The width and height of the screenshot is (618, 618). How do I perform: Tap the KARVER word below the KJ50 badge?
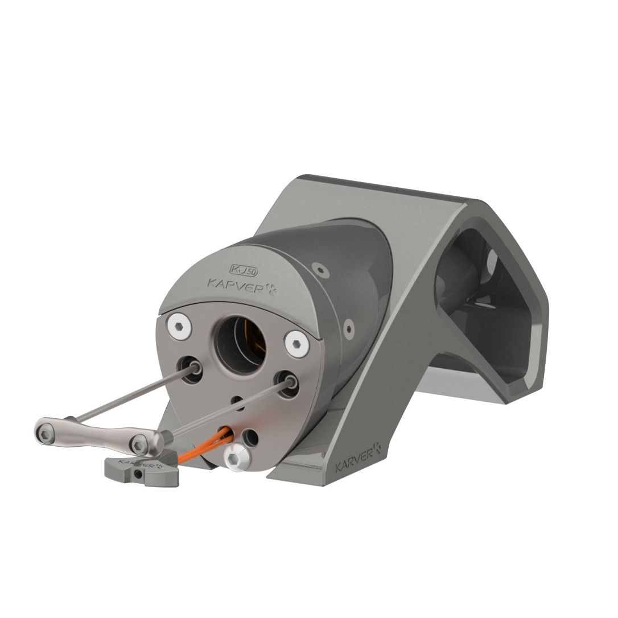pos(242,285)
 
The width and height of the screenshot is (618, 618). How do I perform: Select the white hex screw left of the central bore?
pos(179,327)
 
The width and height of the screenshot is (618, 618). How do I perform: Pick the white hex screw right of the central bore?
pos(296,344)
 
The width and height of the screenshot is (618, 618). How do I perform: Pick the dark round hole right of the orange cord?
pos(249,437)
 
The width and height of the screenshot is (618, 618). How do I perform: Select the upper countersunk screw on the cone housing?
pos(322,271)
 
